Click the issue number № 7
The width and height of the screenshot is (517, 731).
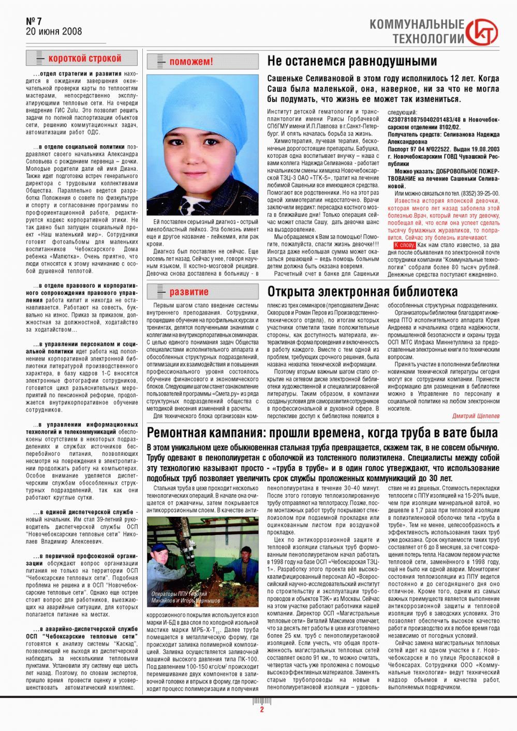click(x=34, y=21)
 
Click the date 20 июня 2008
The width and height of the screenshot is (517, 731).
click(x=53, y=32)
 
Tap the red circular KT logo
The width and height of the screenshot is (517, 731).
click(x=482, y=32)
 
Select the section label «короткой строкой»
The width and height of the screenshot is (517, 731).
click(x=84, y=58)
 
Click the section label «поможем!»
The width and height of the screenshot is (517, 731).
click(x=191, y=62)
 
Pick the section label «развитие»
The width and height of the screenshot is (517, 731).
click(x=188, y=292)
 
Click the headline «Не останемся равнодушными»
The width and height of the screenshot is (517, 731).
click(x=352, y=61)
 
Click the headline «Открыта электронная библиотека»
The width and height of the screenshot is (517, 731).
click(x=362, y=292)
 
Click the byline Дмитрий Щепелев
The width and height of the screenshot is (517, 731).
click(x=476, y=416)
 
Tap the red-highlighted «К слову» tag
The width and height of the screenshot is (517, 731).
click(x=404, y=245)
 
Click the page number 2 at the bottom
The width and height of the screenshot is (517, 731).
click(x=262, y=710)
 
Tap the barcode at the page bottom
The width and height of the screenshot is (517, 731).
click(x=261, y=701)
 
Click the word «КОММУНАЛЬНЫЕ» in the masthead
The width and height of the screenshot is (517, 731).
click(x=417, y=24)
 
